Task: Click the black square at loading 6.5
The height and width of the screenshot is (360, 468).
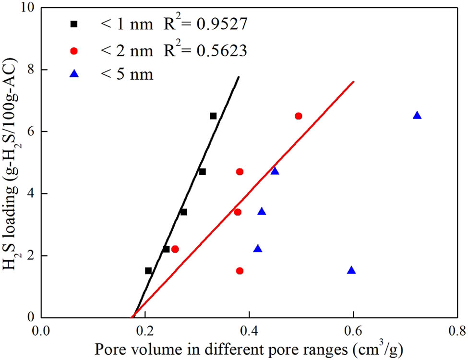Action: tap(213, 116)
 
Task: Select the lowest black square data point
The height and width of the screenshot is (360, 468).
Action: tap(148, 271)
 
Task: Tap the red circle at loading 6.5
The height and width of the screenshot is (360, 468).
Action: tap(299, 116)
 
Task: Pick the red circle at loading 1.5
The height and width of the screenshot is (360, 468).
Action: tap(240, 271)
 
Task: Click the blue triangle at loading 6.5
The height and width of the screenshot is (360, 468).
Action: tap(417, 116)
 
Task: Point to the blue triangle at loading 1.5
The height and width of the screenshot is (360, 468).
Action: tap(351, 271)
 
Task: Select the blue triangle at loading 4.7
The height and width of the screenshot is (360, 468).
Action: tap(275, 171)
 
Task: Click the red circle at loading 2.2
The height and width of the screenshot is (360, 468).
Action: tap(175, 249)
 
